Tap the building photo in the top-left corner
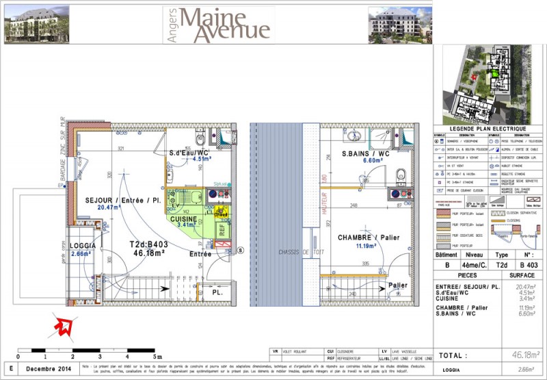pyautogui.click(x=31, y=25)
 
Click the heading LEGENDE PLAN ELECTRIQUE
pyautogui.click(x=488, y=129)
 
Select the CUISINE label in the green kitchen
pyautogui.click(x=183, y=218)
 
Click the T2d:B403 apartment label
pyautogui.click(x=149, y=244)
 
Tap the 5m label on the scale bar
pyautogui.click(x=157, y=357)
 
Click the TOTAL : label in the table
pyautogui.click(x=453, y=356)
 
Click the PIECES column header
pyautogui.click(x=461, y=275)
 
